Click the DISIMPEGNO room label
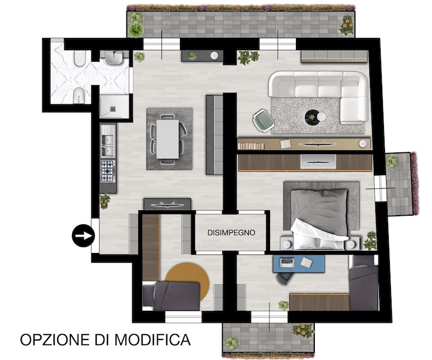pyautogui.click(x=231, y=232)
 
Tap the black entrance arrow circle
pyautogui.click(x=83, y=236)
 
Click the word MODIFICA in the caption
pyautogui.click(x=152, y=339)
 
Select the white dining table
pyautogui.click(x=167, y=139)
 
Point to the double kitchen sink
pyautogui.click(x=108, y=141)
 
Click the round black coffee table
pyautogui.click(x=313, y=117)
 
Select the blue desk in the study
pyautogui.click(x=299, y=264)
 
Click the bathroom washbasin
pyautogui.click(x=114, y=58)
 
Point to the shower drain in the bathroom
pyautogui.click(x=113, y=109)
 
